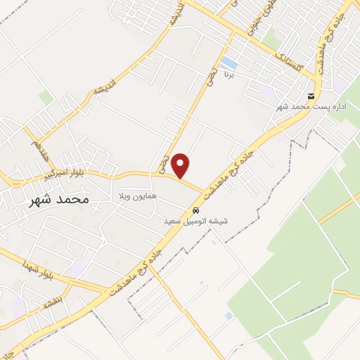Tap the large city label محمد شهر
60,200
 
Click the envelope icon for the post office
310,96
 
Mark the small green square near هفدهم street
46,98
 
